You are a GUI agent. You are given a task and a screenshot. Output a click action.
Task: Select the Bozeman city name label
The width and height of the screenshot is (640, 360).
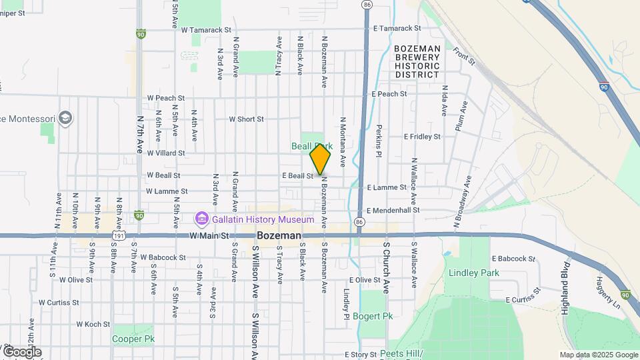279,236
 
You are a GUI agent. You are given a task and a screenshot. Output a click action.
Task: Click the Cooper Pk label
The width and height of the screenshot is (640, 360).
133,339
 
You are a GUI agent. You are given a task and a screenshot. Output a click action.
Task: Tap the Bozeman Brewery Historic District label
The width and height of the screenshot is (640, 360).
417,62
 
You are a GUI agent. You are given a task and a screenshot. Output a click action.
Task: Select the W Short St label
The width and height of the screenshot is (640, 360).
246,119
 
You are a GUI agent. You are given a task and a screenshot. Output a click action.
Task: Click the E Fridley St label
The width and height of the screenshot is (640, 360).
422,136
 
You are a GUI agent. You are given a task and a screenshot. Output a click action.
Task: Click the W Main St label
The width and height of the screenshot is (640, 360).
209,236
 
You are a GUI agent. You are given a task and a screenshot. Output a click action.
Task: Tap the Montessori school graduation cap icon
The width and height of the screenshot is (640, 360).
65,119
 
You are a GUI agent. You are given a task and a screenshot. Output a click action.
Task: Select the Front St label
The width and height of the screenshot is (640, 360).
463,55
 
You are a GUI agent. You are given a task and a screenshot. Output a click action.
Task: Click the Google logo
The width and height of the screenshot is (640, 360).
21,352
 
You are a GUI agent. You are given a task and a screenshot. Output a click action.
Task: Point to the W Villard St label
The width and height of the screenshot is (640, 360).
166,153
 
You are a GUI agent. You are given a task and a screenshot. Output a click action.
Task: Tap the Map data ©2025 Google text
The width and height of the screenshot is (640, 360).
599,355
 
